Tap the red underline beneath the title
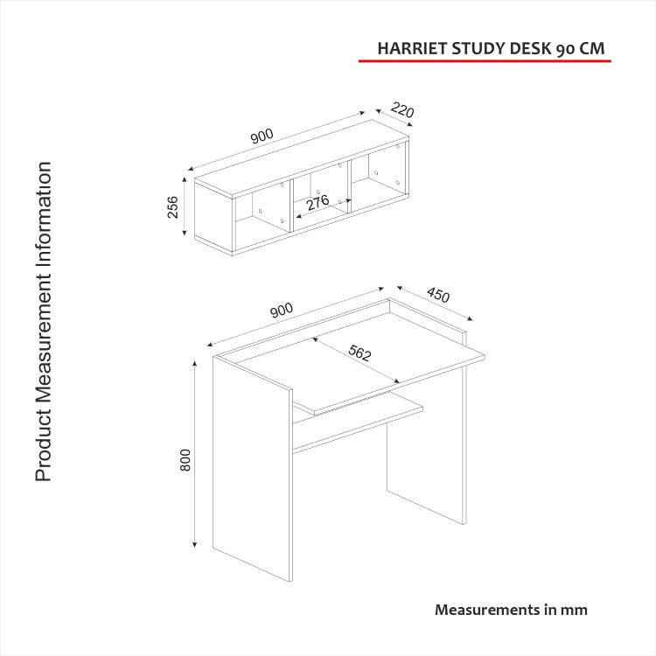[x=485, y=61]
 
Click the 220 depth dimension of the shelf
[x=402, y=110]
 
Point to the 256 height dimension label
[x=172, y=206]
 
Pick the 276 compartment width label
[x=318, y=203]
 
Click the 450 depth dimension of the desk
[x=437, y=295]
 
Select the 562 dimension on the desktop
[x=359, y=353]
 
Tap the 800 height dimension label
[x=185, y=460]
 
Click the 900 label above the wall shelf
[x=262, y=136]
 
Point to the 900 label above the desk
[x=282, y=310]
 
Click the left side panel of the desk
[x=252, y=469]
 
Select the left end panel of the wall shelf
[x=213, y=215]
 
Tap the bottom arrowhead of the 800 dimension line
[x=194, y=544]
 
